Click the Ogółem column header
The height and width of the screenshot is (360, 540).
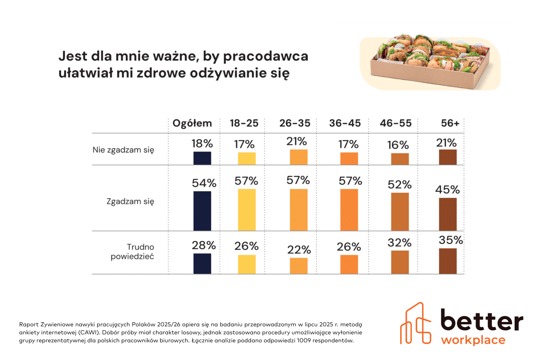(x=192, y=123)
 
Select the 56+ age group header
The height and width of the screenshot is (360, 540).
(x=450, y=123)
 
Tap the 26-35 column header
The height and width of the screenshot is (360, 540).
(x=295, y=123)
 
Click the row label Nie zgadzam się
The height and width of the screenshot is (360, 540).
(x=123, y=150)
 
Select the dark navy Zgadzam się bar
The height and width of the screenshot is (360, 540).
(x=202, y=211)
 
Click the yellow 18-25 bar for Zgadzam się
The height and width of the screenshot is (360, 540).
(x=247, y=210)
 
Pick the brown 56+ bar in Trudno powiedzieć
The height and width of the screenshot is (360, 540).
(x=448, y=261)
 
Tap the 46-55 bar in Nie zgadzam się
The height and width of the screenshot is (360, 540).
(x=400, y=159)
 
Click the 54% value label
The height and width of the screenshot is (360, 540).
(x=204, y=183)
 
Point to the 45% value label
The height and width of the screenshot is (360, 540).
(x=447, y=190)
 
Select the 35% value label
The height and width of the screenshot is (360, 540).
(x=451, y=240)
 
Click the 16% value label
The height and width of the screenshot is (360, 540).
(x=398, y=145)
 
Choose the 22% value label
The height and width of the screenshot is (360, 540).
(x=299, y=250)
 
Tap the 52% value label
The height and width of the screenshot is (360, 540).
(x=399, y=185)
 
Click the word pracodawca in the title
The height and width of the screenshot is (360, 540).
(x=265, y=56)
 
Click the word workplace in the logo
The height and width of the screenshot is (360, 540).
(x=473, y=340)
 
